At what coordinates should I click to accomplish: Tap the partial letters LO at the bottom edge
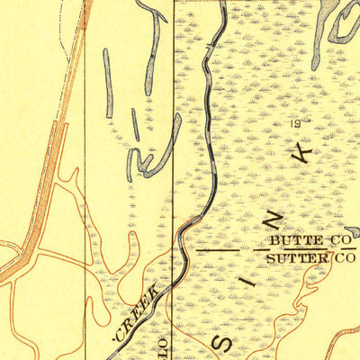[163, 346]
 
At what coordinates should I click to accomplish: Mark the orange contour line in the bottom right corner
[342, 337]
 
